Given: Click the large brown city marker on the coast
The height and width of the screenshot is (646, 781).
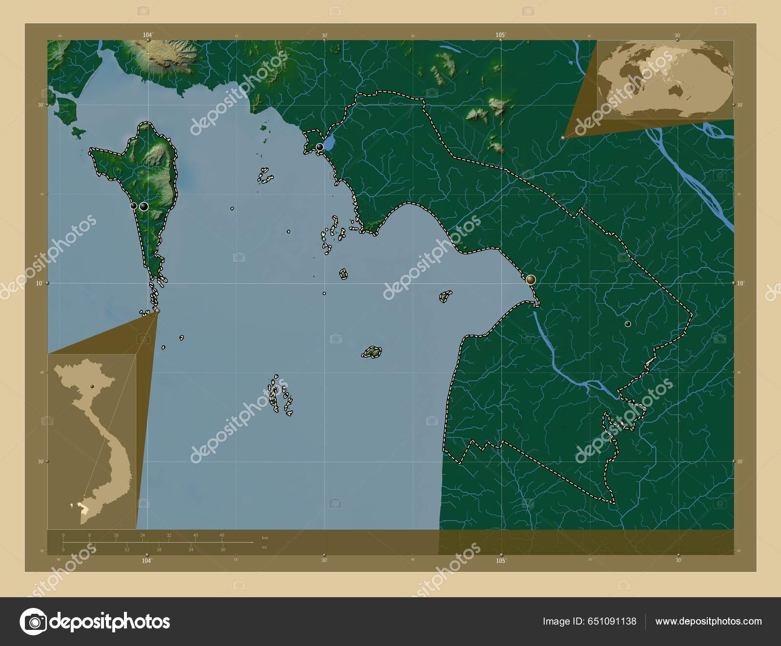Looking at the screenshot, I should coord(531,280).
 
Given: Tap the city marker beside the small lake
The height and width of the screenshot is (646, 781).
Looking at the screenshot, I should coord(320,147).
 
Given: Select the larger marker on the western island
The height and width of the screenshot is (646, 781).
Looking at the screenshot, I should coord(144,206).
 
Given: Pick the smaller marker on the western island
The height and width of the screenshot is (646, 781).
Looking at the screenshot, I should coord(134,206).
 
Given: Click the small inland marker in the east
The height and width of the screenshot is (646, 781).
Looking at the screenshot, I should coord(628,324).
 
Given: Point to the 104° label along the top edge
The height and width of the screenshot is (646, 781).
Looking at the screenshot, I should coord(147,35).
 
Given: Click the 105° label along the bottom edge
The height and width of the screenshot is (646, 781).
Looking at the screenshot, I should coord(501,561).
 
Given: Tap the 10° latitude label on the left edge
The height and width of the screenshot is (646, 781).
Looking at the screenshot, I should coord(39,283).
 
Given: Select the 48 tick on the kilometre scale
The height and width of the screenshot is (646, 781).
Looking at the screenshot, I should coord(222,535).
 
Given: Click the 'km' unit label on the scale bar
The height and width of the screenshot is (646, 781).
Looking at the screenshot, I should coord(265,538).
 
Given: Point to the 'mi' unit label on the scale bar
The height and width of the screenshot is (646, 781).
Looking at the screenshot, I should coord(265,547).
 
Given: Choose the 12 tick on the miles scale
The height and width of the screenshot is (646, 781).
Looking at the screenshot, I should coord(127,550).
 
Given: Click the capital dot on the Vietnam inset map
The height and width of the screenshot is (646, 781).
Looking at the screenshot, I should coord(91,386).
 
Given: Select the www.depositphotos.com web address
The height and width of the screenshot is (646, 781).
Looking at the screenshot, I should coord(708,622).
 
